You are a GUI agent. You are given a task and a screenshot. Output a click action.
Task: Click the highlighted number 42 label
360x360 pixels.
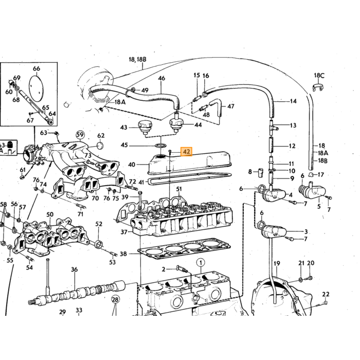[x=186, y=152]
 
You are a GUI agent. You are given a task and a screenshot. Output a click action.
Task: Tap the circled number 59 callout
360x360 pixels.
[x=80, y=135]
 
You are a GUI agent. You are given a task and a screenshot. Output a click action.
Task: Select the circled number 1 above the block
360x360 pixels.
[x=201, y=262]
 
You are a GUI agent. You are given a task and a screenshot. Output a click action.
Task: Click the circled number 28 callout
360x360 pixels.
[x=115, y=299]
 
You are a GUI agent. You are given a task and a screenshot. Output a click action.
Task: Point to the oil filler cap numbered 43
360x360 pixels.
[x=145, y=128]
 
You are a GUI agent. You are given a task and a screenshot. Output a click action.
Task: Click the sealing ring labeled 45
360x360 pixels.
[x=160, y=146]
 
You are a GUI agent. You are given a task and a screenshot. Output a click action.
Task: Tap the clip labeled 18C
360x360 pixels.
[x=318, y=87]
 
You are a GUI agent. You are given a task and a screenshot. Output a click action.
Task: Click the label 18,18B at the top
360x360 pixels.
[x=137, y=60]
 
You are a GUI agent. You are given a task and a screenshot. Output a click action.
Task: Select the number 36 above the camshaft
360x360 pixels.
[x=75, y=269]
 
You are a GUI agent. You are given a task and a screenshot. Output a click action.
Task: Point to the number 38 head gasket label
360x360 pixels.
[x=123, y=254]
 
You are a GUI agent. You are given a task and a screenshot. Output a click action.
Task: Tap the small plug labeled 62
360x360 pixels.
[x=100, y=146]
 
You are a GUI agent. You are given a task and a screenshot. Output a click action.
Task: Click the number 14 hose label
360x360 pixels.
[x=293, y=101]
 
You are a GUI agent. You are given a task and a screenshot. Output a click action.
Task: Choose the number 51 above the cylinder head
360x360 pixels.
[x=179, y=189]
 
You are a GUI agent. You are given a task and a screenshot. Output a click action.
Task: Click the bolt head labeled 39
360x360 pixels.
[x=140, y=192]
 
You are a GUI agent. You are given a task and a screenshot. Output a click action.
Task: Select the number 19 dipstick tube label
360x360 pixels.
[x=277, y=263]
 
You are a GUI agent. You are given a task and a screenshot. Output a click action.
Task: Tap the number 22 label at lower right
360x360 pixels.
[x=326, y=294]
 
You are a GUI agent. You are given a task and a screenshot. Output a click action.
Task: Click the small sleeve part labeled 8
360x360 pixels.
[x=260, y=172]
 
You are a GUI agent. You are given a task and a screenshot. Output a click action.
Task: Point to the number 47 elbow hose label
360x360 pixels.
[x=231, y=106]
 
